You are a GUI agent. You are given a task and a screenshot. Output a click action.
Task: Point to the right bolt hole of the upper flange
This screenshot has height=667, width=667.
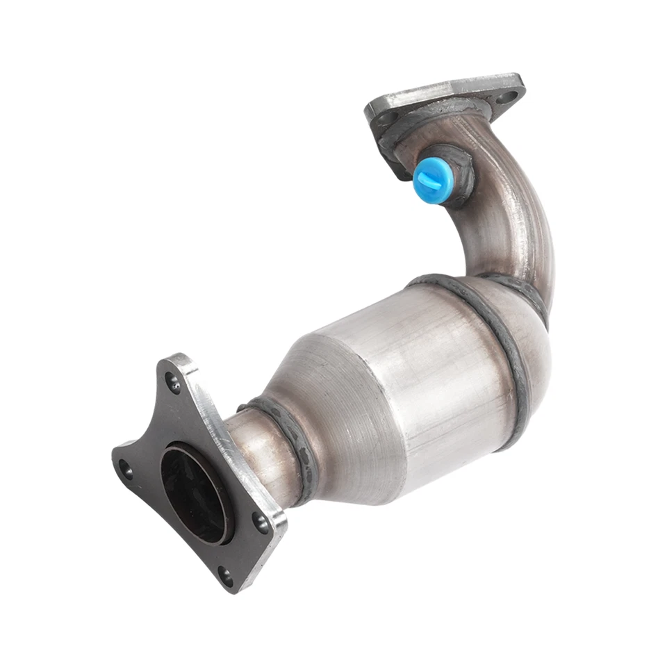(x=509, y=97)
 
